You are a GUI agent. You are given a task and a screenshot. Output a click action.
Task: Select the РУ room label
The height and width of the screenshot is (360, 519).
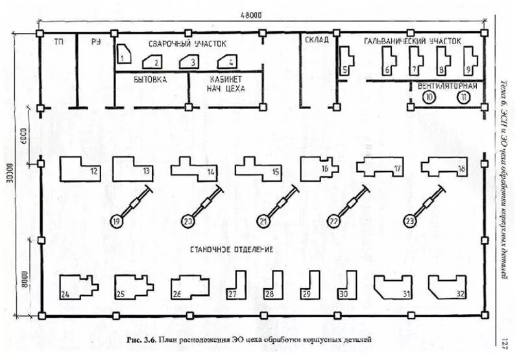tap(95, 42)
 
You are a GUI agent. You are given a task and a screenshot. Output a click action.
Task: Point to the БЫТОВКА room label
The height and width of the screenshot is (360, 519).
tap(150, 79)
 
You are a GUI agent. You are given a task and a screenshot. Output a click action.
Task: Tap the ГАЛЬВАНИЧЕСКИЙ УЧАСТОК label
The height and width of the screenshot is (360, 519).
tap(412, 40)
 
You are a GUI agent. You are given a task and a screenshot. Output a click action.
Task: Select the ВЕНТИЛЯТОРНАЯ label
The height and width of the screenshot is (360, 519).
tap(448, 85)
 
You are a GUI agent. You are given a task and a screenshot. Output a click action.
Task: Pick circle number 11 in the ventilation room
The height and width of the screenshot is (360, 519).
tap(463, 97)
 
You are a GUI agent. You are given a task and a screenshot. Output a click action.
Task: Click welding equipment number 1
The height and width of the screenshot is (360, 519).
tap(125, 54)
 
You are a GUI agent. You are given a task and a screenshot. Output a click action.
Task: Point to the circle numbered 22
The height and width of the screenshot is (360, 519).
tap(334, 221)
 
